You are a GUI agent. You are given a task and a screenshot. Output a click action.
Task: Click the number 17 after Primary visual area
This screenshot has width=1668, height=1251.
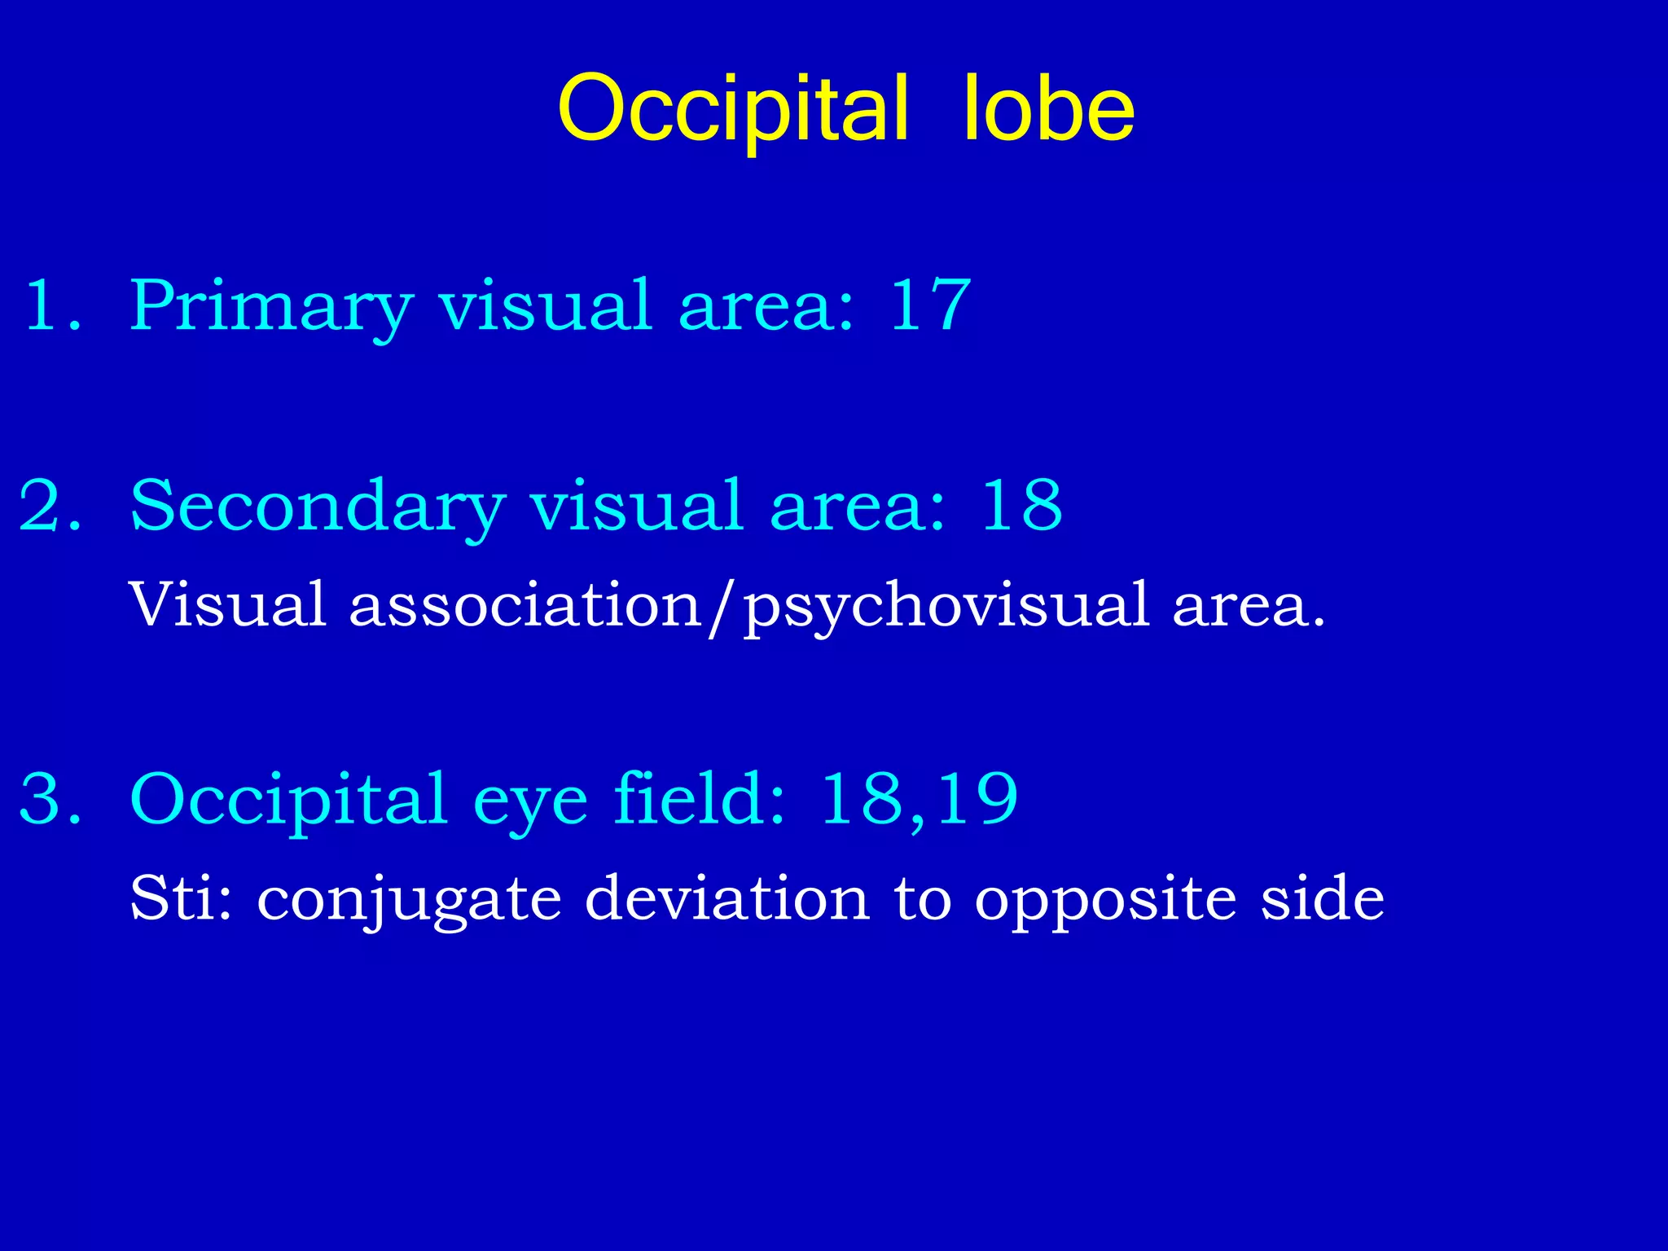[x=930, y=305]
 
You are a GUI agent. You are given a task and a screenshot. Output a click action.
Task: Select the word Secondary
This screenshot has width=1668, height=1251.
[x=318, y=507]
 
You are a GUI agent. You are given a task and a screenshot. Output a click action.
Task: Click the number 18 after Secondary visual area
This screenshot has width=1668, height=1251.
[x=1021, y=506]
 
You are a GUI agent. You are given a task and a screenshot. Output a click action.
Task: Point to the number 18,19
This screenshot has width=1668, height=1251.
[x=919, y=801]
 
